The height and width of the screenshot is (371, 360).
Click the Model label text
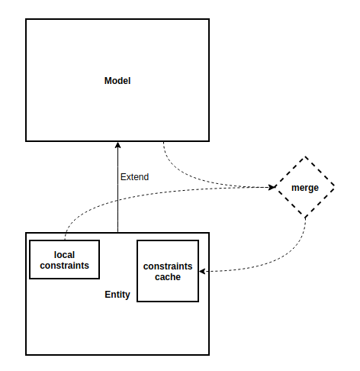[x=117, y=80]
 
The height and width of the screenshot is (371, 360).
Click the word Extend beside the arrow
[x=134, y=176]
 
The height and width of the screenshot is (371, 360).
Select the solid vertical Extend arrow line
[x=117, y=198]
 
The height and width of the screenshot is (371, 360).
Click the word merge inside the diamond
[x=305, y=187]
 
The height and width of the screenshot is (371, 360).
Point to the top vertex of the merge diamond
[x=306, y=157]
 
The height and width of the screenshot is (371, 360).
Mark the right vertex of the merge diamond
[x=336, y=187]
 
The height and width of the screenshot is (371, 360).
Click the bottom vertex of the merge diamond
[x=306, y=217]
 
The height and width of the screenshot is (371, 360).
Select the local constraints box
[x=65, y=259]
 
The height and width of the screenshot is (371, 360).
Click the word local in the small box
[x=65, y=253]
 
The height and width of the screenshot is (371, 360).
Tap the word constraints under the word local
[x=65, y=265]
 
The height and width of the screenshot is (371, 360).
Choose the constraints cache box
[x=167, y=271]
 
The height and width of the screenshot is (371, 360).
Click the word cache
[x=167, y=277]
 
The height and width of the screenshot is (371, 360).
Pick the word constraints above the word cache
[x=167, y=266]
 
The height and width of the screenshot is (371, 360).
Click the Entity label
[x=117, y=295]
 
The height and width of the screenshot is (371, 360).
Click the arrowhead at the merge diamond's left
[x=272, y=187]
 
